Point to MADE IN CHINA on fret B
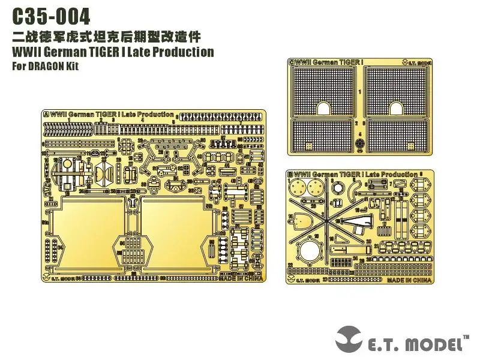click(x=410, y=280)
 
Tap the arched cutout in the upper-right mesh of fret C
click(x=397, y=108)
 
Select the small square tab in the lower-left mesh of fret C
click(x=308, y=146)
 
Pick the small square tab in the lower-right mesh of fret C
click(x=410, y=146)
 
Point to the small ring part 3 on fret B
click(x=337, y=187)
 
